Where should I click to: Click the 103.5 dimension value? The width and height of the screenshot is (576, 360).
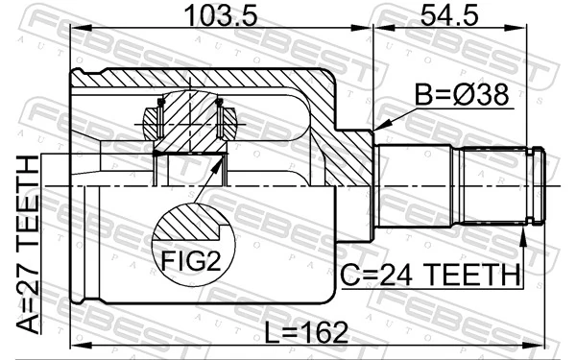coord(221,15)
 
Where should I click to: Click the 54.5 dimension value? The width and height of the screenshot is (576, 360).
coord(449,15)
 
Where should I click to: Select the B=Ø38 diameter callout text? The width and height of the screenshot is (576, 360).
coord(462,94)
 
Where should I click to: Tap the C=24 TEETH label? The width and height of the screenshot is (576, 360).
coord(430,276)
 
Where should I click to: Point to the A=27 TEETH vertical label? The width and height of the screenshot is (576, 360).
coord(28,244)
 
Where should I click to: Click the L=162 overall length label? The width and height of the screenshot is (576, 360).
coord(306,332)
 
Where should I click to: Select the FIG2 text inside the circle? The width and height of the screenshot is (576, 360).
coord(191,261)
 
